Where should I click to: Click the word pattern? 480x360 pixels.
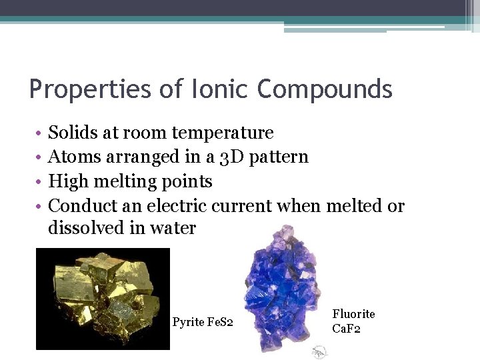pos(274,157)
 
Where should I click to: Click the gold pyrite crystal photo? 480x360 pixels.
pos(103,299)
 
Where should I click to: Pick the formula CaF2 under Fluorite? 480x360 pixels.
pos(346,329)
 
